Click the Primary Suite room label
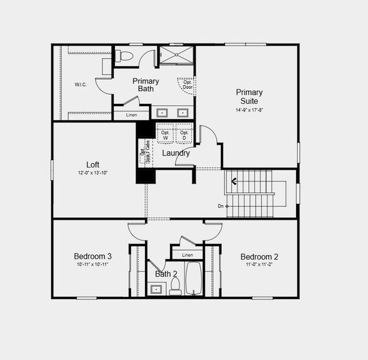point(249,97)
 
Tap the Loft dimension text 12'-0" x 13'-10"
point(92,173)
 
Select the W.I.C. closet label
point(81,85)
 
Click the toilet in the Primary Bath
point(123,56)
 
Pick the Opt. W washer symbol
point(165,135)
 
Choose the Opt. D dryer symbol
point(184,135)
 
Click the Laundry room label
point(176,153)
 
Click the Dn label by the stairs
point(221,206)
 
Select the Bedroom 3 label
point(92,256)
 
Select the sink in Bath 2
point(156,289)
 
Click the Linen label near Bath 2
point(188,256)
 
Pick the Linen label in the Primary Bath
point(131,115)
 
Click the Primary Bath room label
point(146,85)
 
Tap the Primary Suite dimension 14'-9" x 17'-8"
point(249,110)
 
